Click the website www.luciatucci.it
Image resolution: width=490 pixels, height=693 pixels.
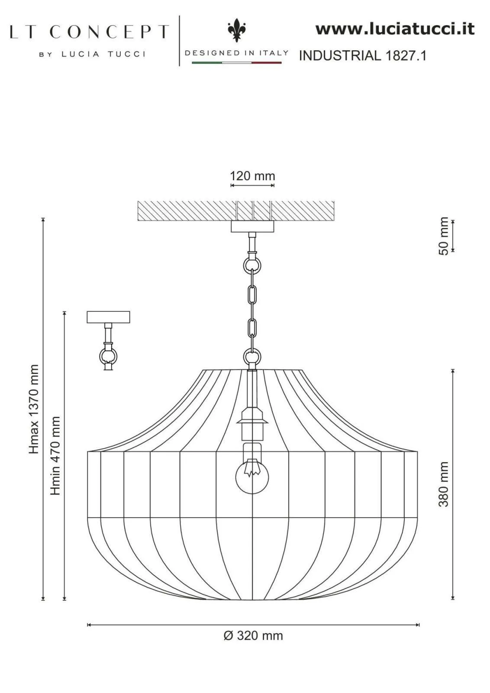[x=394, y=29]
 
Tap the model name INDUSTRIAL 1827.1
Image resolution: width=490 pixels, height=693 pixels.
[x=363, y=56]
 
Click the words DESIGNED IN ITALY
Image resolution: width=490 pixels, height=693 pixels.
[x=236, y=53]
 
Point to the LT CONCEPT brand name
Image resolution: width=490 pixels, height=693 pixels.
[x=89, y=32]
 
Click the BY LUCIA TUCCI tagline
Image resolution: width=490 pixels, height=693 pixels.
[x=92, y=54]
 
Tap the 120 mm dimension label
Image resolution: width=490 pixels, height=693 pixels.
[x=252, y=176]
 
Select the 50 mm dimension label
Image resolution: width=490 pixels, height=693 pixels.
[x=444, y=236]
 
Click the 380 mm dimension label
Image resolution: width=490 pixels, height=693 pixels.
[x=444, y=484]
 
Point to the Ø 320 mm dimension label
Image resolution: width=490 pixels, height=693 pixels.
[x=253, y=636]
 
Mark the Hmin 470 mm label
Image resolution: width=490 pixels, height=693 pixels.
[x=55, y=456]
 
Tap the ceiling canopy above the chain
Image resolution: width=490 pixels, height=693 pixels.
[x=252, y=227]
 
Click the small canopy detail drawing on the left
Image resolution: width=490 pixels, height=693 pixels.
[x=108, y=340]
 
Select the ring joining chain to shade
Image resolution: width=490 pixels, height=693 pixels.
[x=252, y=358]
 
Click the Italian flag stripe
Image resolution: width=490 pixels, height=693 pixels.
[x=236, y=63]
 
